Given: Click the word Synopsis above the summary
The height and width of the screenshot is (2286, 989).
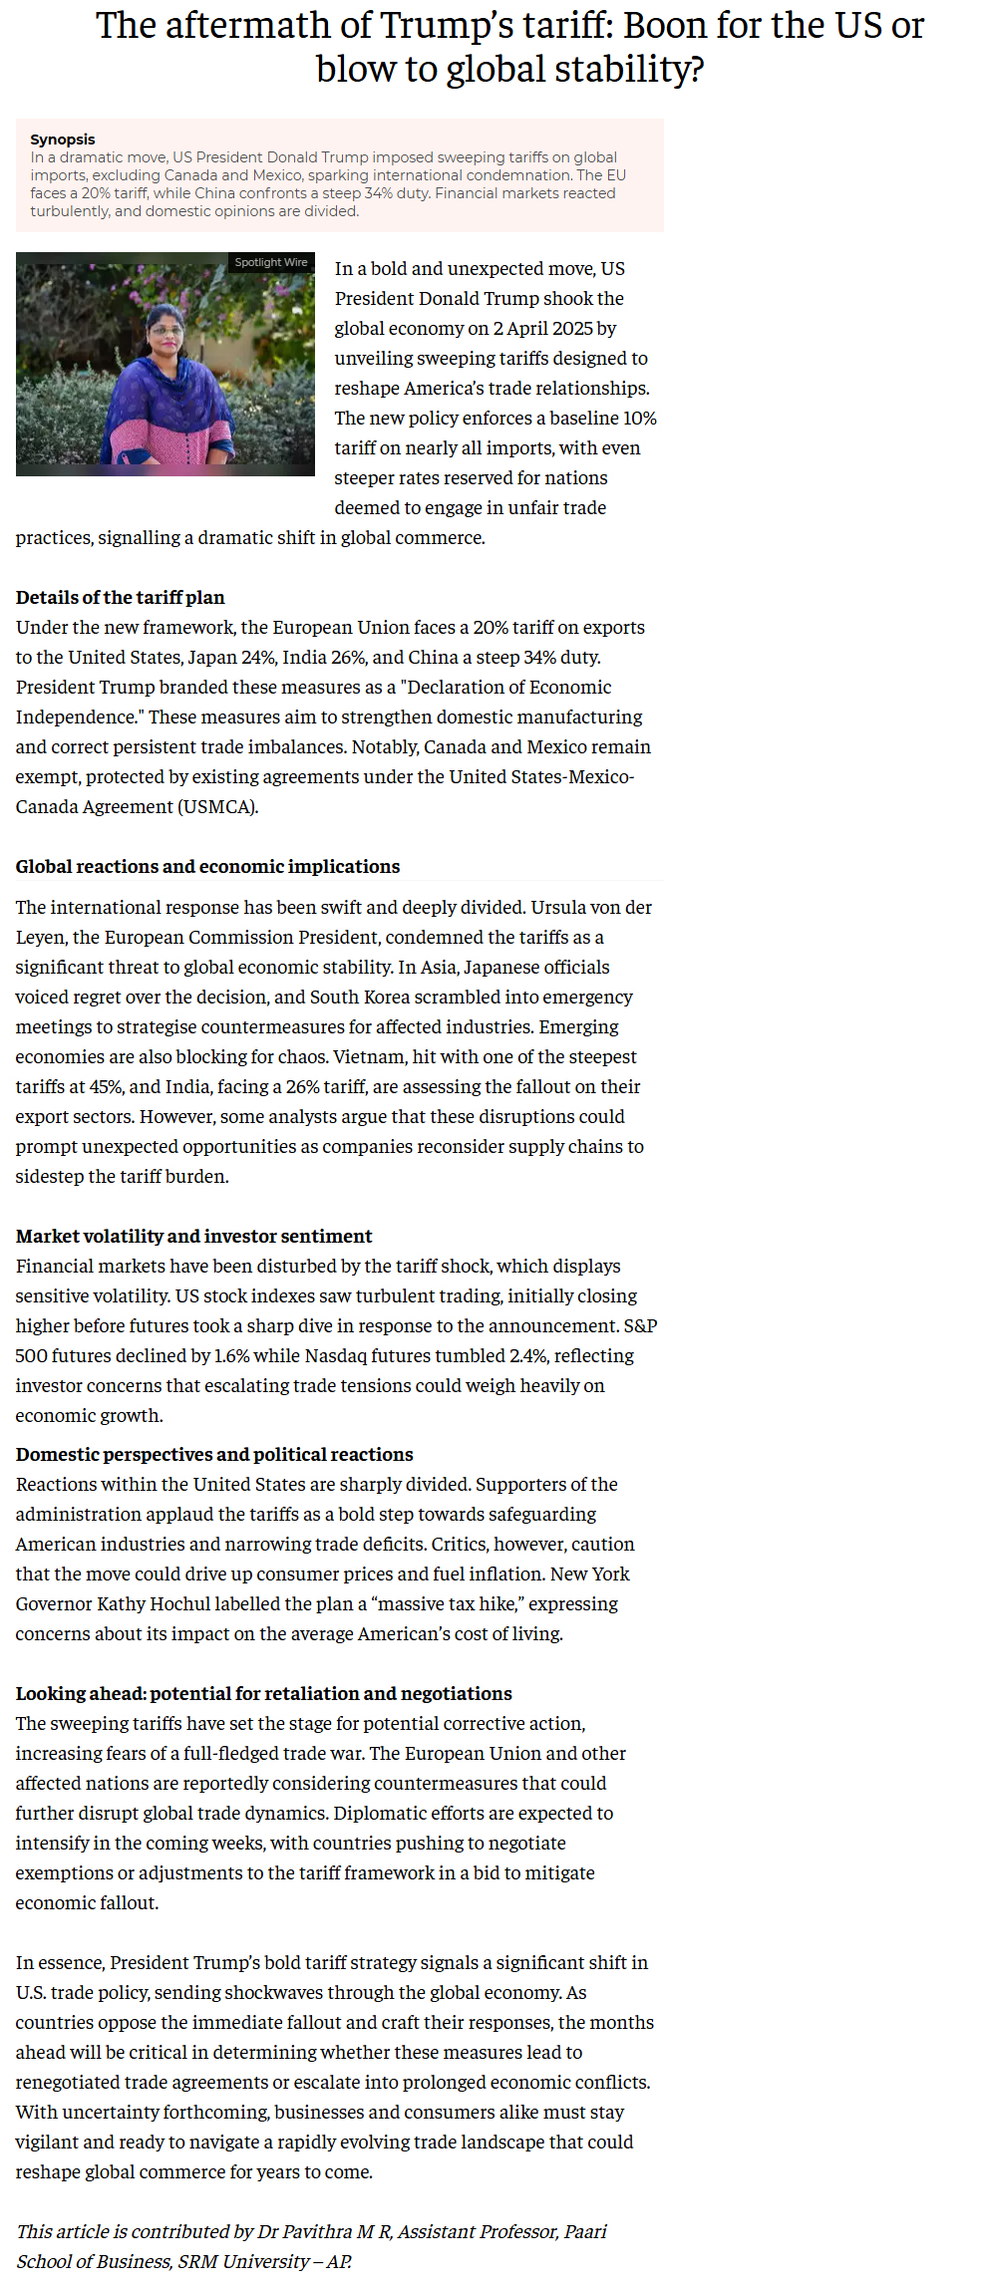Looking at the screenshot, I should [x=63, y=140].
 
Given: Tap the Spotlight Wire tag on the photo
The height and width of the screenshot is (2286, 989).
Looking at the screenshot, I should [x=271, y=262].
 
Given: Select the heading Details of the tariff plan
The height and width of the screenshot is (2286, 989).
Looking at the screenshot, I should [x=121, y=598].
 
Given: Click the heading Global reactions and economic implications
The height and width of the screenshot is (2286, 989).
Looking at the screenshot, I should [x=207, y=867].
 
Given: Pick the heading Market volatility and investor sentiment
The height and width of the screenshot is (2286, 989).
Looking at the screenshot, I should [x=193, y=1237].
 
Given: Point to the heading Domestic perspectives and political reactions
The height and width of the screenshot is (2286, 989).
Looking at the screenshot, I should [x=214, y=1455].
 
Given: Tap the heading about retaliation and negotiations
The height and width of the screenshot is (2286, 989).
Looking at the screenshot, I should [x=263, y=1694].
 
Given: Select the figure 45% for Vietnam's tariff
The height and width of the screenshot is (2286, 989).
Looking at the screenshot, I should [x=105, y=1087].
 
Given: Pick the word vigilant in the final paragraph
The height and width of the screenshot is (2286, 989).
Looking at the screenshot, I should [x=51, y=2143].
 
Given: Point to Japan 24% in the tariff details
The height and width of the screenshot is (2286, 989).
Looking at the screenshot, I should [x=237, y=658].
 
